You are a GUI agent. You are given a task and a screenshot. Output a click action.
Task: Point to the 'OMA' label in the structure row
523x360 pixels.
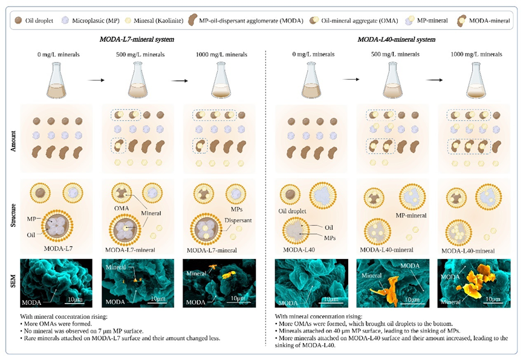click(122, 208)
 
